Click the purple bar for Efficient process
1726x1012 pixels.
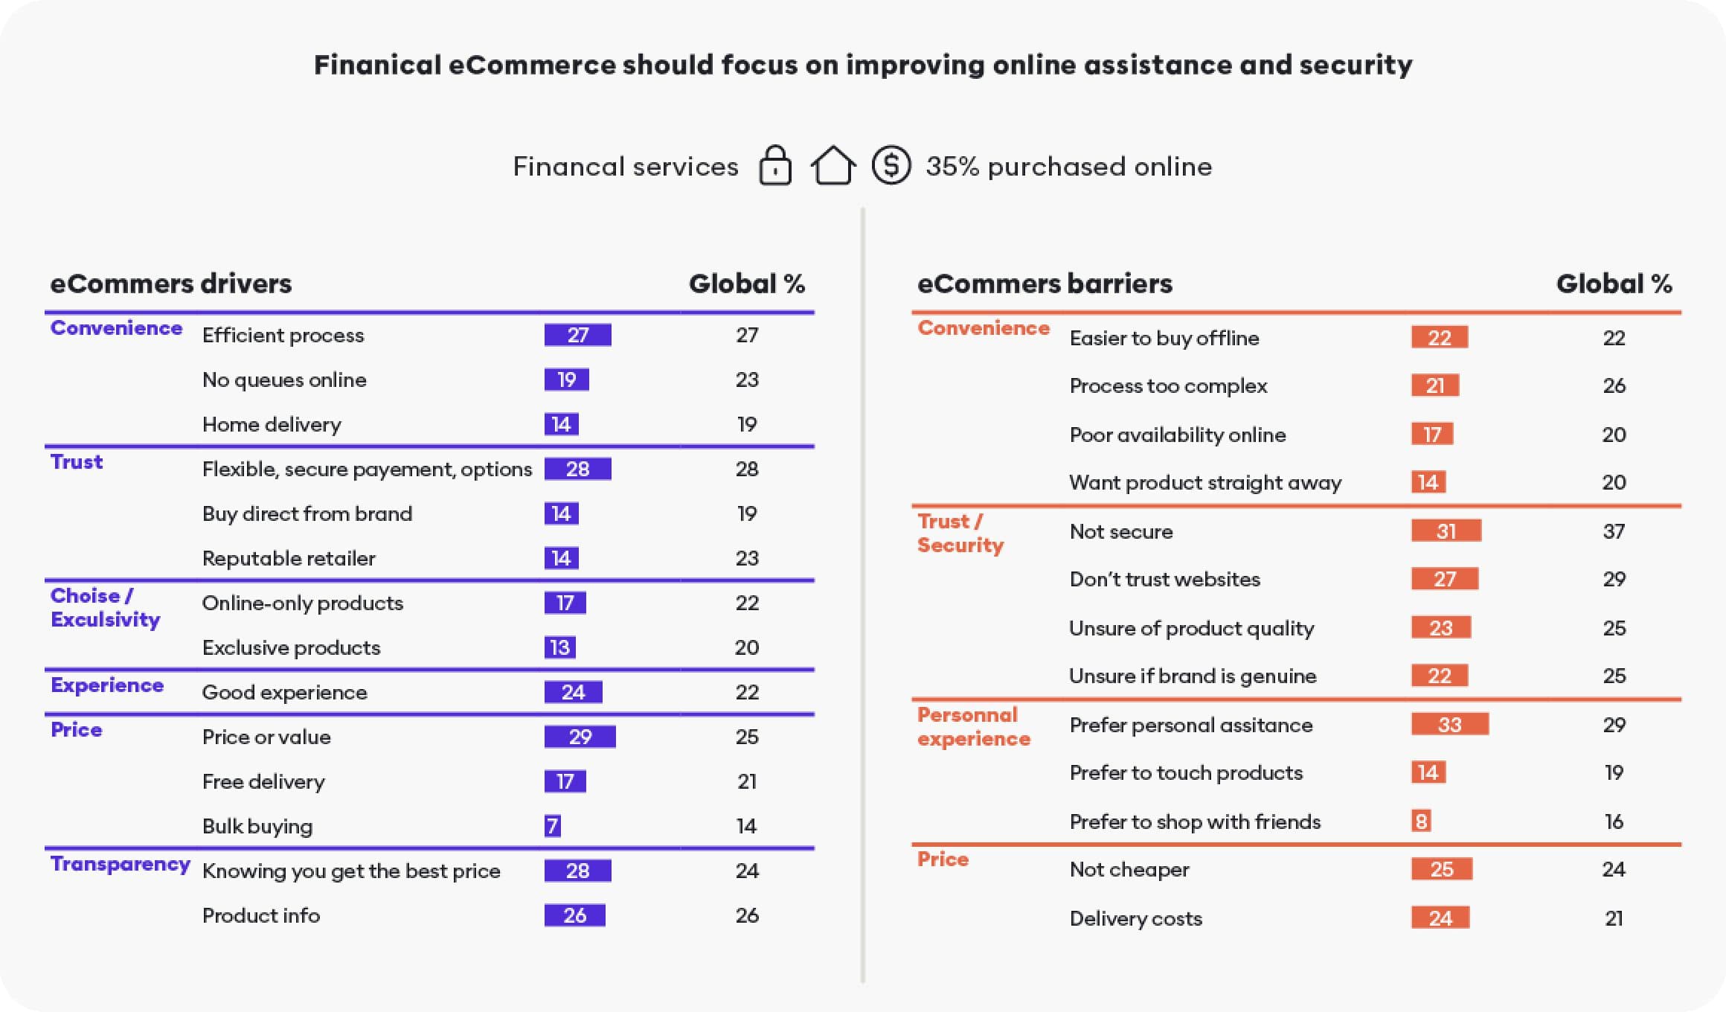(578, 335)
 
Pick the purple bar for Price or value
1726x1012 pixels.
(580, 737)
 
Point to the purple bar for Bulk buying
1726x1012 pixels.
(552, 826)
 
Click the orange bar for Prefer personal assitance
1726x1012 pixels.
(1449, 724)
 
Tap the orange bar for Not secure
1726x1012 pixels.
(1446, 531)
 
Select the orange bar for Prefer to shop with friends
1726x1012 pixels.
(1421, 821)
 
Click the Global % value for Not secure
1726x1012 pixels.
(1614, 531)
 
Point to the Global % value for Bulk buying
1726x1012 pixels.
(746, 826)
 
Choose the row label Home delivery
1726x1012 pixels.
(272, 424)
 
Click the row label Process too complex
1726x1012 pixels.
(1168, 385)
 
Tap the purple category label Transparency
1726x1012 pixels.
(120, 864)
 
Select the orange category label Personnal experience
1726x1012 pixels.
(973, 726)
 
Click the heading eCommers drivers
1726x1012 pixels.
(170, 284)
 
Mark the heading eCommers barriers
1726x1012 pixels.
(1045, 284)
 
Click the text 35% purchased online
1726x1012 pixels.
(1068, 166)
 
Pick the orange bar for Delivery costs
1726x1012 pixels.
(1440, 917)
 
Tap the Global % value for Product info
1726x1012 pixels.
(747, 915)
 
